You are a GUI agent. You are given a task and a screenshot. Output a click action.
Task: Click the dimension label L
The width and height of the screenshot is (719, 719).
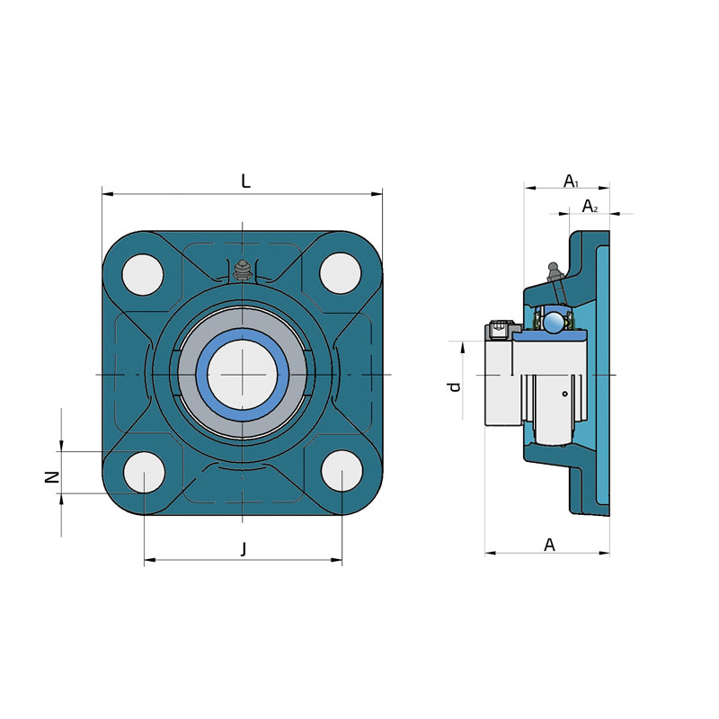pyautogui.click(x=245, y=182)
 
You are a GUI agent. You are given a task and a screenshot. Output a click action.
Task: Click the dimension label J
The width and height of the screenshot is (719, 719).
pyautogui.click(x=244, y=548)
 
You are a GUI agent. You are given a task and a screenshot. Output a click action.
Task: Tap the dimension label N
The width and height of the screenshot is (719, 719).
pyautogui.click(x=52, y=477)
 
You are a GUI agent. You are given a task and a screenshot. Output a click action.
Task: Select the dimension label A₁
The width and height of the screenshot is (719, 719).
pyautogui.click(x=571, y=182)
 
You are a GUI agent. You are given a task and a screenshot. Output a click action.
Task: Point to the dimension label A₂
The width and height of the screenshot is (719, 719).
pyautogui.click(x=590, y=207)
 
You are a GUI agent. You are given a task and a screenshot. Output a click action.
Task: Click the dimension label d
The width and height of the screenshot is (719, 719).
pyautogui.click(x=454, y=386)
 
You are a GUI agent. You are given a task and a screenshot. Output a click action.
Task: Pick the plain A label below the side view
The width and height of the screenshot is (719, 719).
pyautogui.click(x=549, y=545)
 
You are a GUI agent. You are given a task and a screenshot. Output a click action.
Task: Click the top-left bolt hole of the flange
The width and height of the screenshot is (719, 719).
pyautogui.click(x=143, y=275)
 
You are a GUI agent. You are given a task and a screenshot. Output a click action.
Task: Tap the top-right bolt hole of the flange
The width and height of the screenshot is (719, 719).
pyautogui.click(x=341, y=273)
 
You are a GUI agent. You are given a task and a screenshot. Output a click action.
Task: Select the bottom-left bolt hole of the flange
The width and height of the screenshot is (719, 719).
pyautogui.click(x=145, y=473)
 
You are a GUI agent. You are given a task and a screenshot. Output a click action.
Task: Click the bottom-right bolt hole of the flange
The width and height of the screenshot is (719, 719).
pyautogui.click(x=342, y=471)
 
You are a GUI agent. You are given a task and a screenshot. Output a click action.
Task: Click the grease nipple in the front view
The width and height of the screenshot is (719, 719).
pyautogui.click(x=243, y=271)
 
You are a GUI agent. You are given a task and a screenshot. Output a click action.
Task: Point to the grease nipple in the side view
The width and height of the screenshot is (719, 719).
pyautogui.click(x=555, y=273)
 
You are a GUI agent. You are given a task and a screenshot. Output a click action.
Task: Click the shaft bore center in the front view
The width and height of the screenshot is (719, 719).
pyautogui.click(x=243, y=375)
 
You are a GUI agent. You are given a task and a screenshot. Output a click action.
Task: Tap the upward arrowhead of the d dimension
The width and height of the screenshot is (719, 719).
pyautogui.click(x=463, y=347)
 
